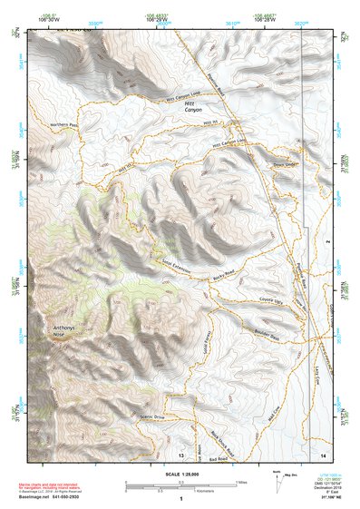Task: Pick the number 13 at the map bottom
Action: tap(181, 453)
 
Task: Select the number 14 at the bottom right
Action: tap(323, 451)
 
